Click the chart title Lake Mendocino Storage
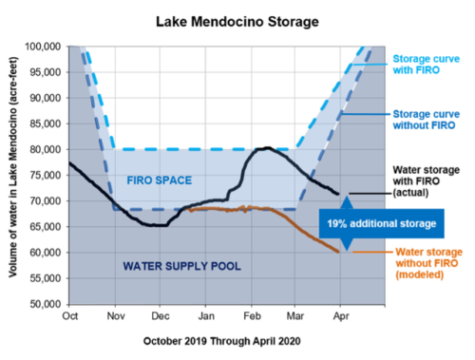coord(237,22)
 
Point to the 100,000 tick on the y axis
coord(43,47)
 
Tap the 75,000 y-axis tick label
coord(46,175)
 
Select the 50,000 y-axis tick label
coord(46,304)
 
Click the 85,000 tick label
coord(46,123)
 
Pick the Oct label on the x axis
coord(70,316)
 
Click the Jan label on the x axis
coord(206,316)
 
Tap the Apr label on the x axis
coord(341,316)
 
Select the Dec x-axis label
coord(161,316)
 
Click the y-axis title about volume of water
coord(12,167)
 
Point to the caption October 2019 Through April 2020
coord(221,341)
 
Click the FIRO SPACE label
coord(160,180)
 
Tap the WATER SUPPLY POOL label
coord(181,266)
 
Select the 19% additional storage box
coord(382,223)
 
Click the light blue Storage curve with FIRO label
coord(427,65)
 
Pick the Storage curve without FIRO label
coord(427,120)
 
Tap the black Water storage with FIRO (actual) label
coord(427,181)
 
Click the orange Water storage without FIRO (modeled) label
coord(428,263)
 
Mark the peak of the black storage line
coord(268,148)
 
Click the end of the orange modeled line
coord(338,252)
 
